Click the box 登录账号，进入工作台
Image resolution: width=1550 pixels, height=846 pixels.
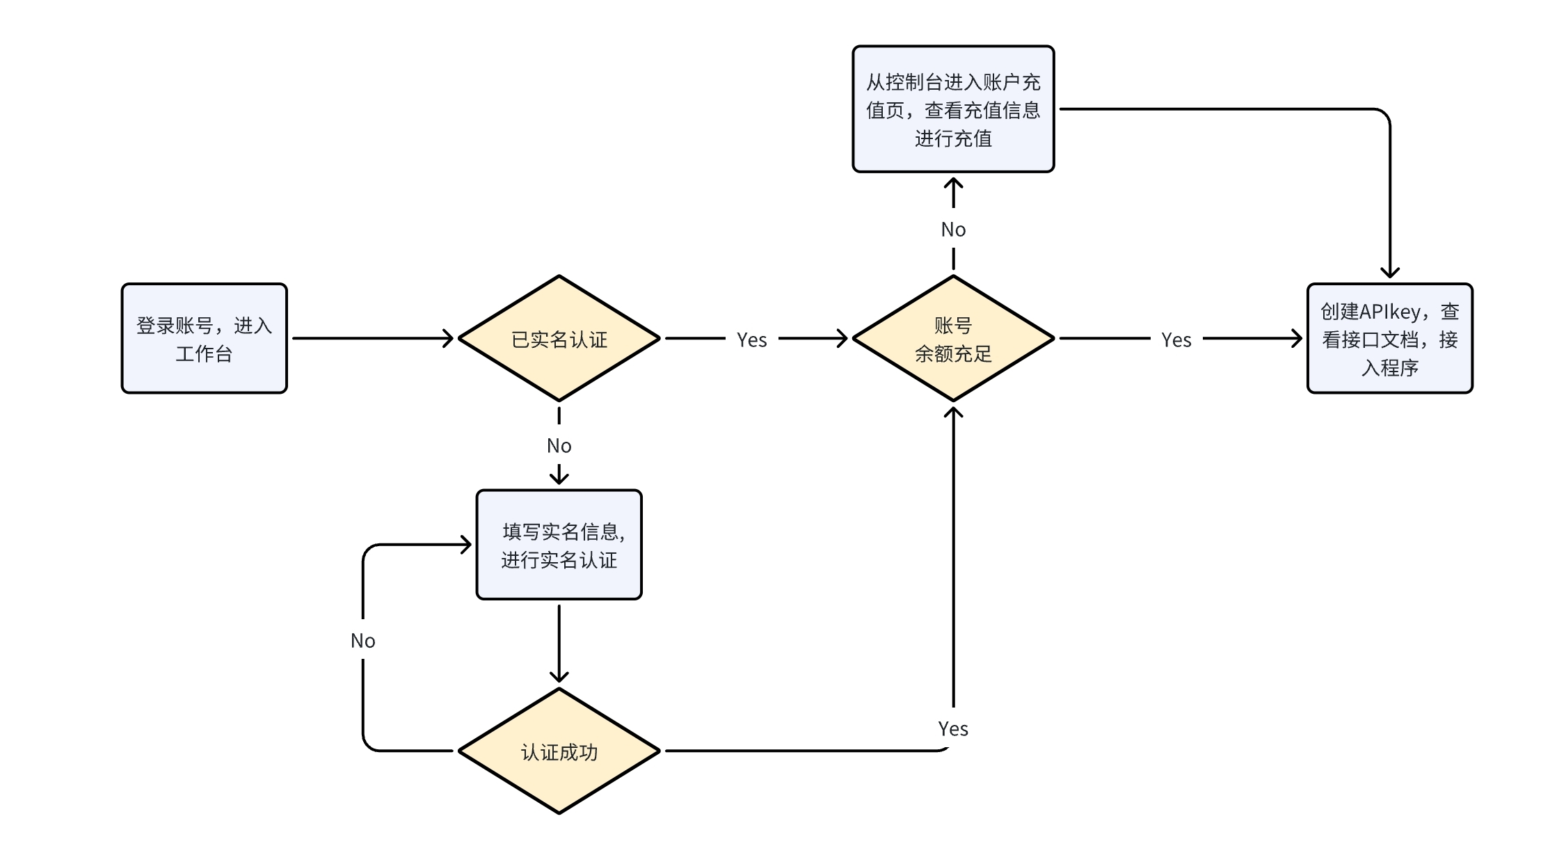click(x=204, y=338)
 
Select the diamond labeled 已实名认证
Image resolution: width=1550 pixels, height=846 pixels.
click(x=559, y=339)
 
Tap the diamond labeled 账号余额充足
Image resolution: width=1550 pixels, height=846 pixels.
click(x=953, y=339)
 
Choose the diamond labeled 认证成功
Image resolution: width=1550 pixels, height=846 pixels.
click(x=559, y=751)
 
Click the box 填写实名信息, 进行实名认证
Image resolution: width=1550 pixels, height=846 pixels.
click(x=559, y=545)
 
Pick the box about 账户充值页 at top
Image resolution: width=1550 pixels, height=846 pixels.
click(x=953, y=109)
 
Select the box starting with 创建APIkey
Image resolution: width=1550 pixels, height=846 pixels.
click(x=1389, y=339)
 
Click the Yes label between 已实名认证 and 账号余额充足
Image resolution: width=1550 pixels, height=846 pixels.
click(x=751, y=340)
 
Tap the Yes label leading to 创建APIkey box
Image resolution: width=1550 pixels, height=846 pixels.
click(x=1176, y=340)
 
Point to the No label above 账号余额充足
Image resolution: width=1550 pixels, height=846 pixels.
click(x=953, y=230)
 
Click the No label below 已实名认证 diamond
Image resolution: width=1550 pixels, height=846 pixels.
click(x=559, y=446)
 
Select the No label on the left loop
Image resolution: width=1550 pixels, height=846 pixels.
click(x=362, y=641)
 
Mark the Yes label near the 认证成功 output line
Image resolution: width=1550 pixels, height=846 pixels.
click(x=952, y=728)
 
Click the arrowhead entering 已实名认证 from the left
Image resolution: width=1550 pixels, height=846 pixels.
click(x=449, y=339)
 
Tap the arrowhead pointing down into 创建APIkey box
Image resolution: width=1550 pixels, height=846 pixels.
click(x=1389, y=273)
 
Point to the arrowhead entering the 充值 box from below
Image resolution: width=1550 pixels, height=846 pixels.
click(x=953, y=183)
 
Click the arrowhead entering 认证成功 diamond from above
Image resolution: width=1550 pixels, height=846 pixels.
click(x=559, y=677)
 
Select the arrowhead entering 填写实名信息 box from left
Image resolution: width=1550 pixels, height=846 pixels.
click(x=467, y=545)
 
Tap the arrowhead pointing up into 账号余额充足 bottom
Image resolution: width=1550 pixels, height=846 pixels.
click(x=953, y=412)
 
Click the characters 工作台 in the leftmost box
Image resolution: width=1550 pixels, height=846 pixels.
click(x=204, y=354)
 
